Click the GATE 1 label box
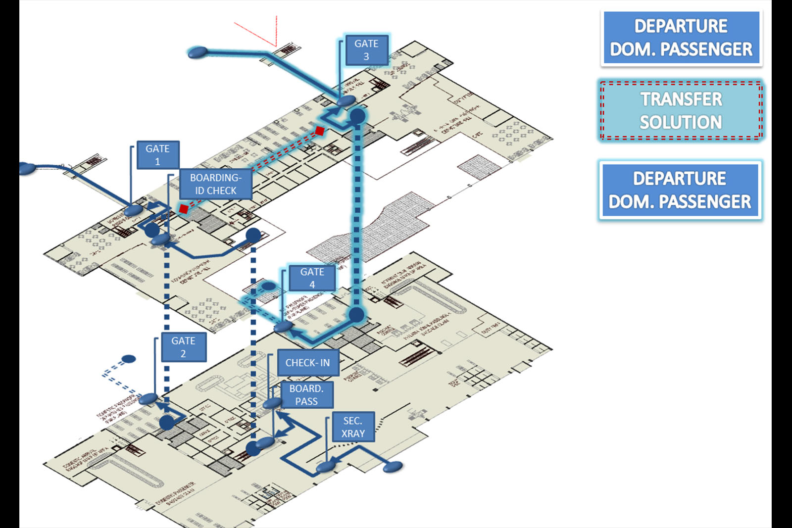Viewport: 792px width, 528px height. [x=157, y=155]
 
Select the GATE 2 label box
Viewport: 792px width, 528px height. [x=183, y=347]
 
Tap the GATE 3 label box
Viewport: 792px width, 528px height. [x=366, y=50]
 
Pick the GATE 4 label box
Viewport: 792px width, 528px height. [x=312, y=278]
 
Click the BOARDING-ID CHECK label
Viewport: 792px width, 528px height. [x=215, y=184]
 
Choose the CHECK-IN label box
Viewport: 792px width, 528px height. [x=307, y=363]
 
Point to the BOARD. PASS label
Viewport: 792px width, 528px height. [x=306, y=395]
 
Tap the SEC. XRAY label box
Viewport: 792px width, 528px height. [x=353, y=427]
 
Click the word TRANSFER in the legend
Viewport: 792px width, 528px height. [x=681, y=99]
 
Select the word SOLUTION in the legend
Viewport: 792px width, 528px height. [x=681, y=122]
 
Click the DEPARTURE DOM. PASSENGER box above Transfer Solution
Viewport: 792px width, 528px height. [x=681, y=38]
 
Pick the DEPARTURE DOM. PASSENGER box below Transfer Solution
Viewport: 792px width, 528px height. [x=680, y=190]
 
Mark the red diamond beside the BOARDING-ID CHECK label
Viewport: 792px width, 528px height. [x=184, y=209]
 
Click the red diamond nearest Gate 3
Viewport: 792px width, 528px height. [x=320, y=131]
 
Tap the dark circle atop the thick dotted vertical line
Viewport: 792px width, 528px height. [x=357, y=116]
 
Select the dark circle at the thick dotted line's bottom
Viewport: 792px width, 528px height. [x=356, y=315]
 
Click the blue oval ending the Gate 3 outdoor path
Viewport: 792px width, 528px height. [x=198, y=52]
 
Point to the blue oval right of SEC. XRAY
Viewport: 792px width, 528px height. [x=394, y=466]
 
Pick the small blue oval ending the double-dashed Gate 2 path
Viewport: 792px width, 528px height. [x=129, y=359]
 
